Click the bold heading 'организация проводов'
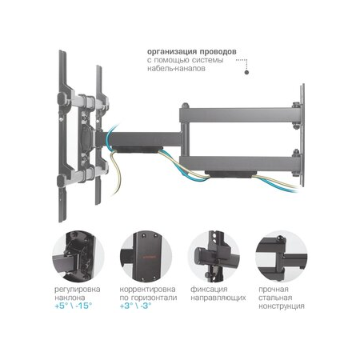192,51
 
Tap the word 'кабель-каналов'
176,69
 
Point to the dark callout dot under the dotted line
246,72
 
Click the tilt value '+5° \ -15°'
74,306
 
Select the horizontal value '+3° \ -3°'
136,306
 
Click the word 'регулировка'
78,290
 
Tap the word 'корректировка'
147,290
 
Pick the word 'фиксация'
209,290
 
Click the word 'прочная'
274,290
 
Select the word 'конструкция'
282,306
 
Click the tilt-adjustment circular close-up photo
78,257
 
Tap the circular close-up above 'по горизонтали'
146,257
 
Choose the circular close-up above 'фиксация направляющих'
214,257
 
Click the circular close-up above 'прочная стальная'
282,257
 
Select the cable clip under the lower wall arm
230,174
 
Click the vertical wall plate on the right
302,135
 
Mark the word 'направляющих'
218,298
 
